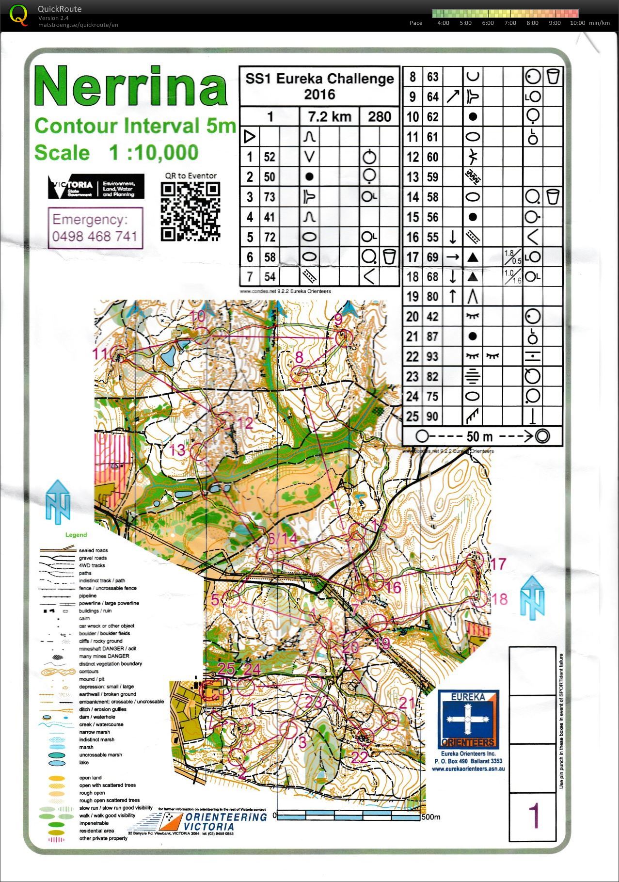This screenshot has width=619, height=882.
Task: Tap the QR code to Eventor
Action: pos(190,211)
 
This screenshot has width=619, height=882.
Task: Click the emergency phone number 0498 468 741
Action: pos(95,237)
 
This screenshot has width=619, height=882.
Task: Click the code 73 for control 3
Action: pos(270,197)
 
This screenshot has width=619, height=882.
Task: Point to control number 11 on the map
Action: pos(102,354)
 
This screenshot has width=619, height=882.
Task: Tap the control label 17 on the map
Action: pos(498,564)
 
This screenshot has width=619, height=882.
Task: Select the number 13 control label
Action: pos(177,450)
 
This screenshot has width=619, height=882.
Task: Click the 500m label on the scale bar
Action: pos(430,817)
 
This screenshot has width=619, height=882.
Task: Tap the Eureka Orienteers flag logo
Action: pos(468,719)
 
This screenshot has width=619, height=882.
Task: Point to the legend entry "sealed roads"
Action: pos(93,550)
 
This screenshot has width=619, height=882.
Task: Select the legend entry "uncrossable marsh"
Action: pos(100,754)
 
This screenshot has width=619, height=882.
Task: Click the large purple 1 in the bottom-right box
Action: pos(533,816)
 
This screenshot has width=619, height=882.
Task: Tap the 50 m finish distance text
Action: pos(479,436)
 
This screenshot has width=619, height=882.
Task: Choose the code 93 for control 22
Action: pos(432,356)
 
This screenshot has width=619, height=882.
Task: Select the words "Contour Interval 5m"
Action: pos(135,126)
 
